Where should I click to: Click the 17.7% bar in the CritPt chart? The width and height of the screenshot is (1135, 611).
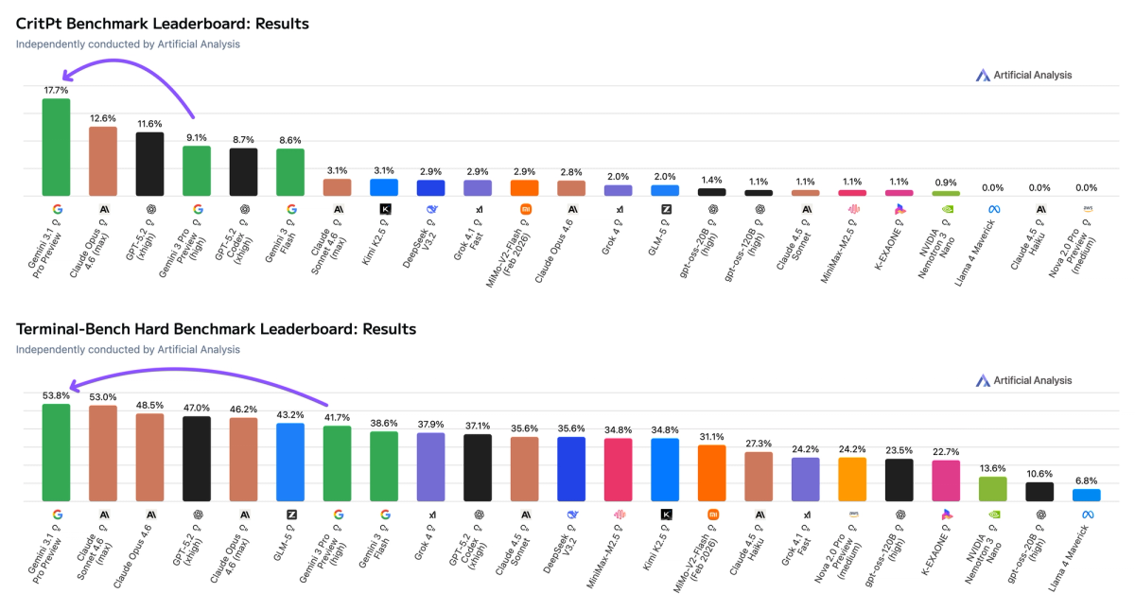click(x=56, y=148)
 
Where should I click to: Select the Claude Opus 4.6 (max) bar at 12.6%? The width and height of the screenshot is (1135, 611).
click(x=103, y=162)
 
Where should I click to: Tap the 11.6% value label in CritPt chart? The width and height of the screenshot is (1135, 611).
click(x=149, y=124)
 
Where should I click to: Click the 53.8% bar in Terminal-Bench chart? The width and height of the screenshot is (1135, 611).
click(x=56, y=453)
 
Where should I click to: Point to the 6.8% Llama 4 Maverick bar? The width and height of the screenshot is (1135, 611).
click(x=1086, y=495)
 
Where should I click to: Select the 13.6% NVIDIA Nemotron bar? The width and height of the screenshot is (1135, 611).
click(x=992, y=489)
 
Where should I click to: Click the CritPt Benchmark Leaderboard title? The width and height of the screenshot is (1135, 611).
click(x=163, y=23)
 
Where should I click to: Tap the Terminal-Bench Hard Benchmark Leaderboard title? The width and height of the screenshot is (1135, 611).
click(x=216, y=329)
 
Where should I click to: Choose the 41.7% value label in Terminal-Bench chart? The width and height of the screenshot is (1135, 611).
click(x=337, y=417)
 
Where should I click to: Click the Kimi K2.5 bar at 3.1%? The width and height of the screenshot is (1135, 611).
click(x=384, y=187)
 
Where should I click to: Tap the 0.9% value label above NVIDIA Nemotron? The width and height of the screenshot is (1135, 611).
click(x=945, y=183)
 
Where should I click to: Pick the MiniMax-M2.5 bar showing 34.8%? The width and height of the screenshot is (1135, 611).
click(x=618, y=470)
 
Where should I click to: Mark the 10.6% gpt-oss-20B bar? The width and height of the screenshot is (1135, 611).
click(x=1039, y=492)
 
